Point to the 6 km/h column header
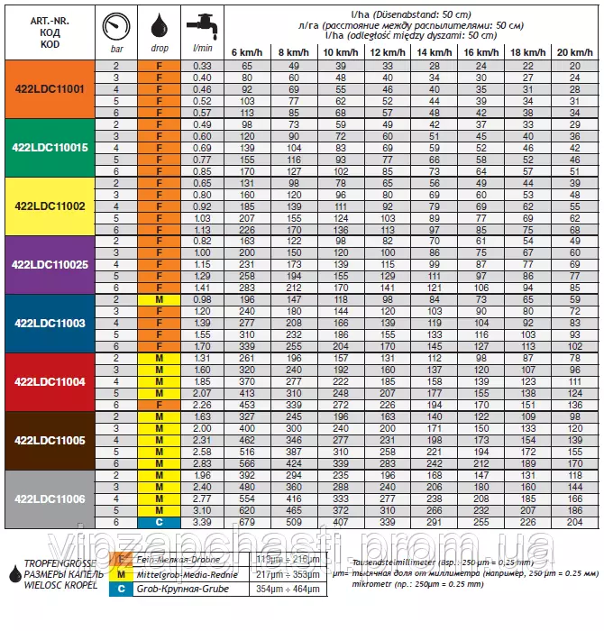pos(246,51)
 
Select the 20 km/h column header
pos(574,51)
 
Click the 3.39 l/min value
pos(203,522)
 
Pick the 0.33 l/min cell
pos(203,66)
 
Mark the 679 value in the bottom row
pos(246,522)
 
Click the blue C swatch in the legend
pos(122,589)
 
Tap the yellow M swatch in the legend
pos(122,573)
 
